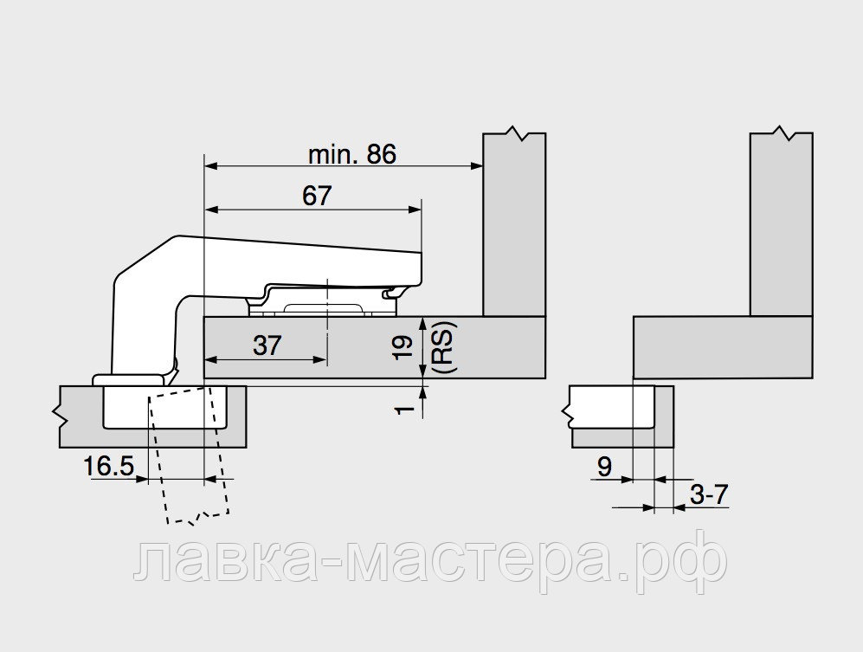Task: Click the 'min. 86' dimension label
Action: click(x=351, y=155)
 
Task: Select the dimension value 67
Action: click(x=317, y=196)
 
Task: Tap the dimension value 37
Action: click(x=267, y=345)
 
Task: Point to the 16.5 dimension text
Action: click(x=108, y=467)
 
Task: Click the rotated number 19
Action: click(x=404, y=347)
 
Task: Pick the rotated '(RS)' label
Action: click(x=443, y=347)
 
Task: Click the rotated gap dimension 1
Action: click(x=404, y=410)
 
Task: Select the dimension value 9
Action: click(x=604, y=467)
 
